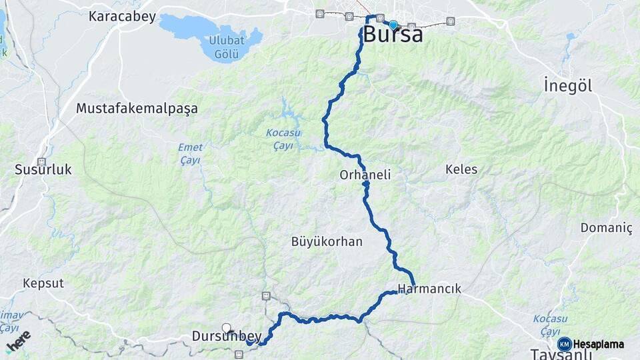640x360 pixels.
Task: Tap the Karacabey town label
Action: coord(122,17)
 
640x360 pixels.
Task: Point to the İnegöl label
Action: coord(567,86)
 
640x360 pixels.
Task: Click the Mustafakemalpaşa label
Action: coord(137,108)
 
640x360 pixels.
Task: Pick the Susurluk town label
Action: coord(43,170)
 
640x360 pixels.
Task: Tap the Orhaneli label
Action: coord(365,175)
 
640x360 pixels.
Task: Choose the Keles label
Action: coord(461,169)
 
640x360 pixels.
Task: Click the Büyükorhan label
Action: coord(327,241)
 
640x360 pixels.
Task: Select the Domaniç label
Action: coord(606,228)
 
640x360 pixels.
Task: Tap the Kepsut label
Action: coord(43,283)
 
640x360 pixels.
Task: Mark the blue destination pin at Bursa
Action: coord(393,25)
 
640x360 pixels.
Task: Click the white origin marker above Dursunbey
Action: coord(227,327)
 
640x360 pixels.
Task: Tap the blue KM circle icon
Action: coord(564,344)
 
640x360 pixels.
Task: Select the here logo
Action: coord(18,341)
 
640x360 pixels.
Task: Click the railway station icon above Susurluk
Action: coord(41,161)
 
